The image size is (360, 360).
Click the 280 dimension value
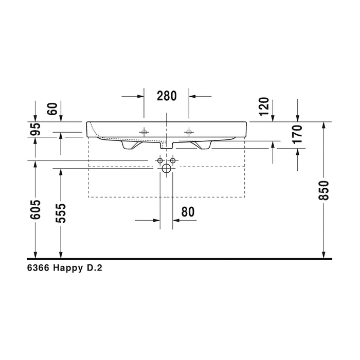coord(167,96)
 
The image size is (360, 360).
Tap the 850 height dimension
coord(324,190)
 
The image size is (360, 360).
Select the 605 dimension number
coord(36,209)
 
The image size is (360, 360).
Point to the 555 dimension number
coord(61,213)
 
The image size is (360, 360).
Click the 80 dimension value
coord(188,212)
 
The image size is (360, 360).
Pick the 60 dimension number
coord(52,109)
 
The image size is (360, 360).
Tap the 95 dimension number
coord(36,129)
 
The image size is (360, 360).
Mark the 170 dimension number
coord(297,134)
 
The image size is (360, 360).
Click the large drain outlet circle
coord(167,168)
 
